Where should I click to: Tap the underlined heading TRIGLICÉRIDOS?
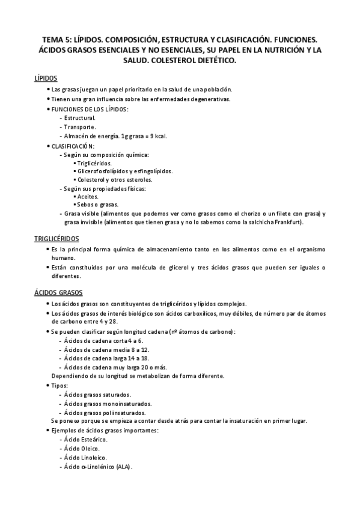pos(57,239)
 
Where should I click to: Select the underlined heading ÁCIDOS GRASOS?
pos(58,293)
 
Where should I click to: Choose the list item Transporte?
pos(79,127)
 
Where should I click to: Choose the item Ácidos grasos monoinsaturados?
pos(108,404)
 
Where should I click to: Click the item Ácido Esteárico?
pos(86,440)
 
